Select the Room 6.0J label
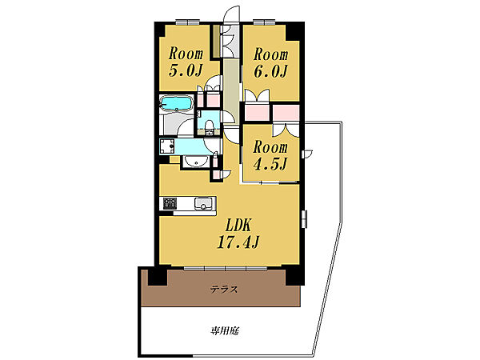coord(270,62)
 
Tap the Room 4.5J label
coord(270,155)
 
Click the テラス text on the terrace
coord(225,290)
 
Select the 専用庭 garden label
coord(227,330)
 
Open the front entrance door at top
coord(232,16)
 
